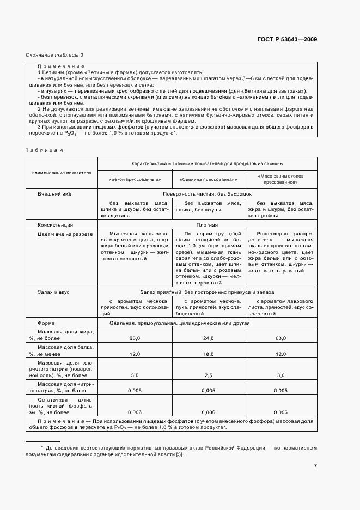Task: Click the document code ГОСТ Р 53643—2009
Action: [286, 40]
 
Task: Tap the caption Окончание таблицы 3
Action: [54, 55]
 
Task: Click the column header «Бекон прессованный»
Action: [134, 179]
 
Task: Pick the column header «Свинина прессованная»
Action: [208, 179]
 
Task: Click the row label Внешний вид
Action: [54, 194]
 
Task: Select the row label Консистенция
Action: [56, 224]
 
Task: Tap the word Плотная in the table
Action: [207, 224]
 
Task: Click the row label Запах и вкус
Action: [54, 292]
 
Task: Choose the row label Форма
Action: [45, 323]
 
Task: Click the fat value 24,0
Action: [207, 338]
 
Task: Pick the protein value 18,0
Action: [207, 354]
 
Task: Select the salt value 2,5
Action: [207, 375]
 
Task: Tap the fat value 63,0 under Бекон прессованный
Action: [134, 338]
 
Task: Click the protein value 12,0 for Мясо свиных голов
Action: [280, 354]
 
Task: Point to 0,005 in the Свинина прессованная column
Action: [207, 390]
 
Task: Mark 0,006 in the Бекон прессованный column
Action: [134, 412]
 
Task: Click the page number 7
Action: [315, 465]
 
